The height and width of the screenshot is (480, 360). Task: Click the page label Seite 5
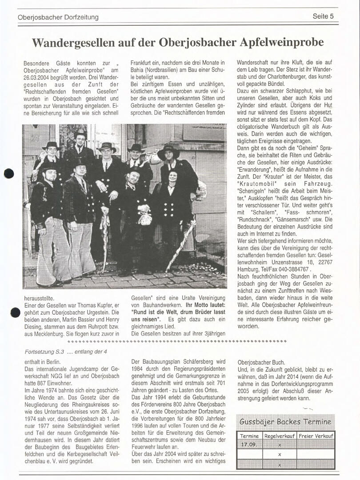[323, 16]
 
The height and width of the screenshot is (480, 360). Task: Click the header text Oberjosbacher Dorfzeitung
[58, 17]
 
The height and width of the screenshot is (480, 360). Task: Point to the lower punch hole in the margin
[15, 312]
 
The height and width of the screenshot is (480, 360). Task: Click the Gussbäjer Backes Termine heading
[285, 422]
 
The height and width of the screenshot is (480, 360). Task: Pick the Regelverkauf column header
[280, 436]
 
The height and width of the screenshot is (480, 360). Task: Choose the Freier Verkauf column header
[316, 436]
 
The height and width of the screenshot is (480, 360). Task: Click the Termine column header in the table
[250, 436]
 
